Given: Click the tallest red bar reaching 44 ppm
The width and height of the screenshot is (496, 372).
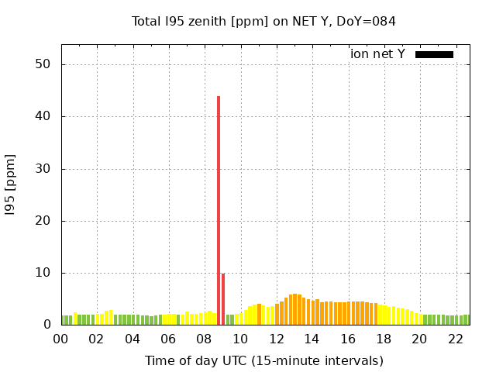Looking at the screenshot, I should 219,209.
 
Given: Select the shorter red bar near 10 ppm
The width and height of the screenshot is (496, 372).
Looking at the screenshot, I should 223,298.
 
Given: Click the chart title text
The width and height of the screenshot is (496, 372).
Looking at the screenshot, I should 263,21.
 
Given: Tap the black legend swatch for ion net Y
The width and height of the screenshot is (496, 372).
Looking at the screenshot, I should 434,54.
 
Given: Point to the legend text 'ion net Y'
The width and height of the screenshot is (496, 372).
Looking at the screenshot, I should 377,54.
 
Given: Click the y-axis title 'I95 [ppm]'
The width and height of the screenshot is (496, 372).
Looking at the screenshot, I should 11,184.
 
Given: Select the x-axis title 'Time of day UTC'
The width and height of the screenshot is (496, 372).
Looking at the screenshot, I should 263,360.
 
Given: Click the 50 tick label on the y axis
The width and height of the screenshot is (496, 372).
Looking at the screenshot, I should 43,64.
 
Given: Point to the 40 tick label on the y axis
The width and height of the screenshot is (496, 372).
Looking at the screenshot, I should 43,116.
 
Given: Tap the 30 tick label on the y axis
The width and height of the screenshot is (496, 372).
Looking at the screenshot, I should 43,169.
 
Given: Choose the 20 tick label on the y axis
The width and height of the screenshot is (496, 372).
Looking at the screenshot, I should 43,221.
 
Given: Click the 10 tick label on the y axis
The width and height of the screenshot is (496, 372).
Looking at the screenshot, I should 43,273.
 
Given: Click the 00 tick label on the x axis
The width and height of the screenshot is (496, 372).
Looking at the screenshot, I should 60,339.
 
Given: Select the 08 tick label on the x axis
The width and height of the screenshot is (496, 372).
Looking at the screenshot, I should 204,339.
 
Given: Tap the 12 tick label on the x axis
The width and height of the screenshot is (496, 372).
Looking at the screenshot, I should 276,339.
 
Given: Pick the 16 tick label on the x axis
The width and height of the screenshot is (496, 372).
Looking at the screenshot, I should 347,339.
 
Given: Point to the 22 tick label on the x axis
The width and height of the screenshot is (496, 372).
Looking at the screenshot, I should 455,339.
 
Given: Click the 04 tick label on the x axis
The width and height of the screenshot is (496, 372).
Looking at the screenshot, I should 133,339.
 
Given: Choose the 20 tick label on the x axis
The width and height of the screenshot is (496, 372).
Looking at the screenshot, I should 419,339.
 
